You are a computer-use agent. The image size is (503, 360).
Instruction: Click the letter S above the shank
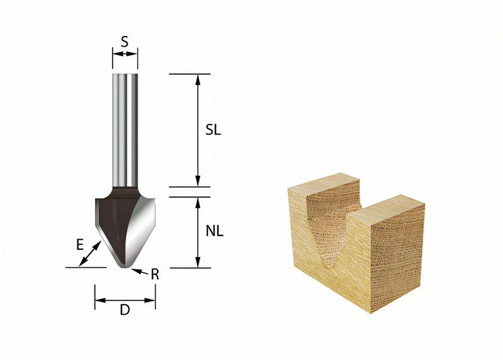[124, 42]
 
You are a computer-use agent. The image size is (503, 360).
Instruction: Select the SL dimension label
[214, 130]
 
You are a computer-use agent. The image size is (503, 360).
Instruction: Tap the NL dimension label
[214, 232]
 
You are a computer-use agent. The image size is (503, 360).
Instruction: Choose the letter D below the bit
[124, 311]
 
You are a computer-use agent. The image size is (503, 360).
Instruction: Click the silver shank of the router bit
[124, 126]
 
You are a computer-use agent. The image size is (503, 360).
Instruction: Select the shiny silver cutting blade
[143, 227]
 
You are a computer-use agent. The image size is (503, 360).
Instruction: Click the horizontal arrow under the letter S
[124, 54]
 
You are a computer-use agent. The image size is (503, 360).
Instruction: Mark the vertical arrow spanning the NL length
[198, 232]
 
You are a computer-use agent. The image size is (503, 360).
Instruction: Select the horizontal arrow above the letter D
[124, 300]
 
